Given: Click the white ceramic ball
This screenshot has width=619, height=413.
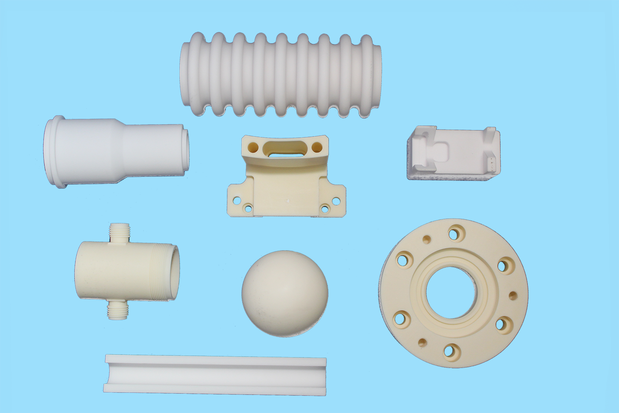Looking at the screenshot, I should [x=285, y=293].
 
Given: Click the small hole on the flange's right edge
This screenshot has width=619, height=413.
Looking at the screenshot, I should [x=513, y=295].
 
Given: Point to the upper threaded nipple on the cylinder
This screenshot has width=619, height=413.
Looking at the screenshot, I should [x=119, y=233].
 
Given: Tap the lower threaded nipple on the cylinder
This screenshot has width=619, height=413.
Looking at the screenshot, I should [x=118, y=310].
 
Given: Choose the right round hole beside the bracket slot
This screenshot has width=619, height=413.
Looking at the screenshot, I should [x=317, y=147].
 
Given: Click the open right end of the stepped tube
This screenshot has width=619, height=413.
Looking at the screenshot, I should [x=186, y=150].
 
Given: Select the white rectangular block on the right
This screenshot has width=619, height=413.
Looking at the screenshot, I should [x=454, y=154].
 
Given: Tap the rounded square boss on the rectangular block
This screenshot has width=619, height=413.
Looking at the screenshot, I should [x=439, y=152].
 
